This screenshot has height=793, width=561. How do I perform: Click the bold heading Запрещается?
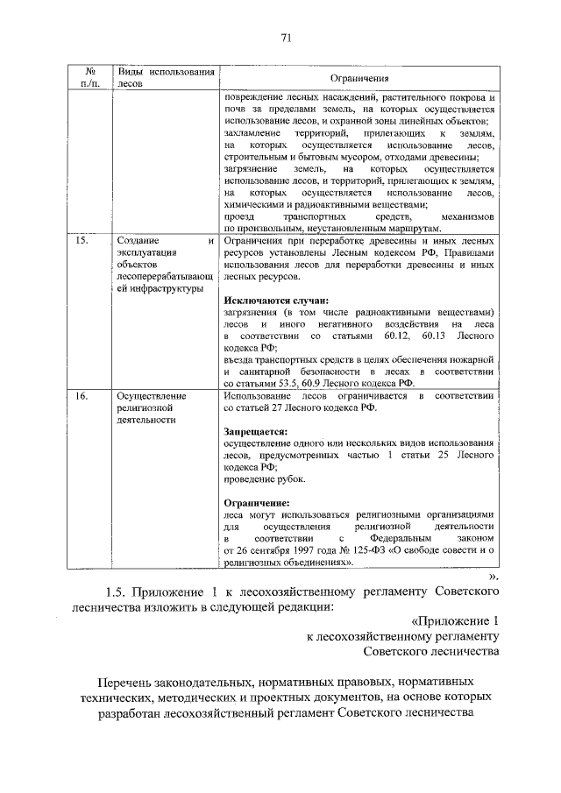[x=255, y=431]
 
